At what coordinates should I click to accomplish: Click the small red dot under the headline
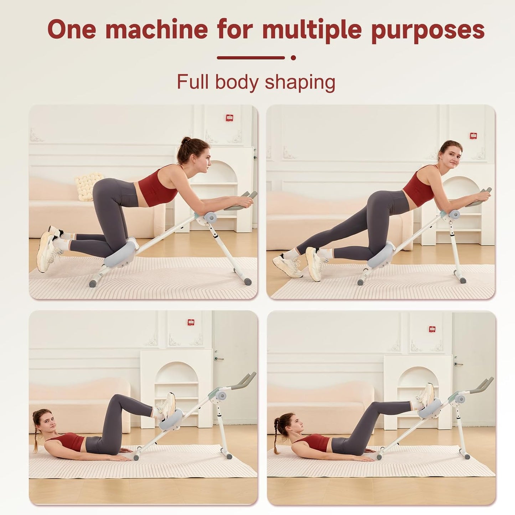293,57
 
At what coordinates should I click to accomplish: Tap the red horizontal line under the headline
251,57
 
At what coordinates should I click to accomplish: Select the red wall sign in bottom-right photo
432,329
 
